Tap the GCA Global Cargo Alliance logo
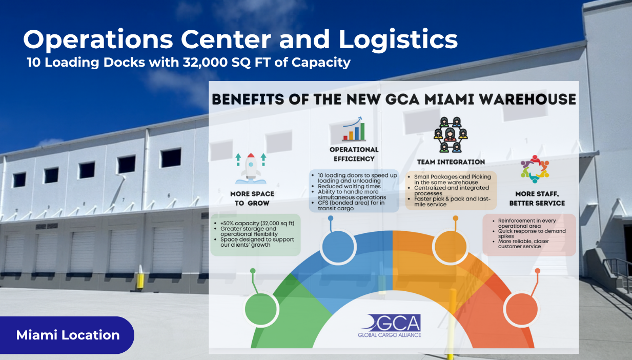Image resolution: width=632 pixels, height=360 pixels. [390, 326]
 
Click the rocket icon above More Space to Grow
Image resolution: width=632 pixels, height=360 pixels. [251, 169]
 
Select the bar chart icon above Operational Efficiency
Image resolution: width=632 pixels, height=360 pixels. [354, 129]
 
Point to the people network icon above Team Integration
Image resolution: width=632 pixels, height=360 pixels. [451, 135]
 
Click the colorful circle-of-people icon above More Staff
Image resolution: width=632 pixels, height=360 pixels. [535, 169]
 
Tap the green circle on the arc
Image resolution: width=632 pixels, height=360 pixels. [261, 309]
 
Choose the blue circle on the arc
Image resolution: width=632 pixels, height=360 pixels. [338, 247]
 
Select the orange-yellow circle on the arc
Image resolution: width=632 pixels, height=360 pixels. [451, 247]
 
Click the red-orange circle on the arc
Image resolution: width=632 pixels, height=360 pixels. [521, 309]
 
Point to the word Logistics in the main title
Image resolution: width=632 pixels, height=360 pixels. [398, 40]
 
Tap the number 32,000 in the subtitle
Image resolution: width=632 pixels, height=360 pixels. [205, 63]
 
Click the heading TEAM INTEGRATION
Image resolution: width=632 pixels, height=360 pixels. [451, 162]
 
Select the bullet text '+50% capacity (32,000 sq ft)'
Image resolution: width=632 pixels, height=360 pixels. [257, 224]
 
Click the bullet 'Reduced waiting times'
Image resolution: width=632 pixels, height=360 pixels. [349, 186]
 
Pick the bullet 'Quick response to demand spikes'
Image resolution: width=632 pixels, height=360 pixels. [532, 233]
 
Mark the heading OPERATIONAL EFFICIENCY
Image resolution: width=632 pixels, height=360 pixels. [354, 154]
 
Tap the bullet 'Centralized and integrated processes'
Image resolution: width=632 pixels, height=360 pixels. [452, 191]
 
